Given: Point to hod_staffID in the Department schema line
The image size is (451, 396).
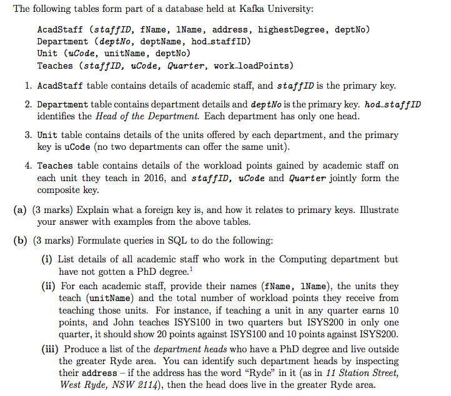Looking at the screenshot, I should (220, 41).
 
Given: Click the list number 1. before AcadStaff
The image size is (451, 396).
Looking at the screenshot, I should (29, 86).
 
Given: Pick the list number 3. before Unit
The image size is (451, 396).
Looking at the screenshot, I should (29, 135).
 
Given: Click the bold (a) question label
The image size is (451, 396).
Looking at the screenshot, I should (19, 210).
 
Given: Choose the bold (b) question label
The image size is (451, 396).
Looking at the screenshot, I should (19, 241).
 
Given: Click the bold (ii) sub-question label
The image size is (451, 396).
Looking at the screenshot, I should (49, 286).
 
